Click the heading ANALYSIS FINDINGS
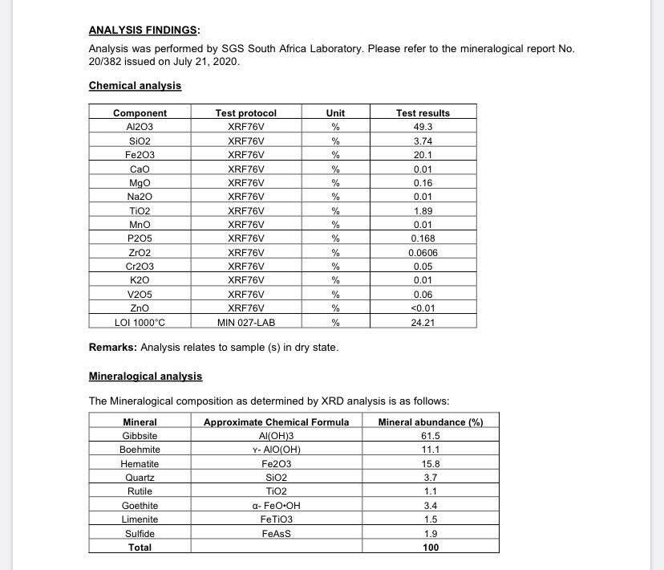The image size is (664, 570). click(x=144, y=31)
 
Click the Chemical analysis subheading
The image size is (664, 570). click(x=135, y=86)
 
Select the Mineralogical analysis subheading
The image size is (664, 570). click(x=145, y=376)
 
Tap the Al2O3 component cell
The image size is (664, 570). click(x=140, y=127)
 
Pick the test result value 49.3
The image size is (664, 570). click(x=423, y=127)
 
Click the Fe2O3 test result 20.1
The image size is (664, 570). click(x=423, y=155)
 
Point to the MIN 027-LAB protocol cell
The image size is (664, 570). click(x=246, y=323)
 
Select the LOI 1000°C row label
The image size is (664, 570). click(x=140, y=323)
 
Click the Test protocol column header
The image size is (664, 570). click(x=246, y=113)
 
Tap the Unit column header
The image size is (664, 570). click(x=335, y=113)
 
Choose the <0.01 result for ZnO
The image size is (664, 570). click(x=423, y=308)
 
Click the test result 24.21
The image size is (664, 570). click(x=423, y=323)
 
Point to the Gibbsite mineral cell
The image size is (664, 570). click(x=140, y=436)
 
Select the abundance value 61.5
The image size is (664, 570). click(x=431, y=436)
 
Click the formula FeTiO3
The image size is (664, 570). click(x=276, y=519)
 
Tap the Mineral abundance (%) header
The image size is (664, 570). click(x=431, y=422)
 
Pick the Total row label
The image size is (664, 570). click(x=140, y=548)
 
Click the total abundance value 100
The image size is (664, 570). click(x=431, y=548)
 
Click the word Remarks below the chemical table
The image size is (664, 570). click(x=112, y=348)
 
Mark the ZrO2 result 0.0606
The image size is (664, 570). click(x=423, y=253)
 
